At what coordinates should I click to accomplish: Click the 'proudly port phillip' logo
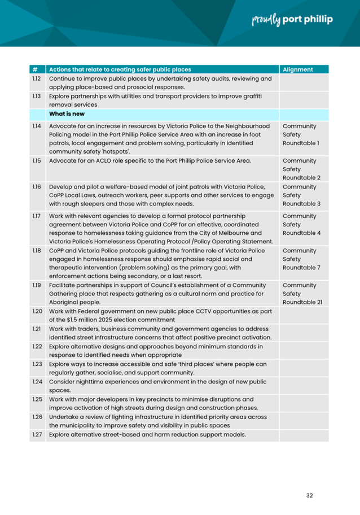(291, 20)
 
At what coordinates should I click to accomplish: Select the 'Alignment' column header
(298, 69)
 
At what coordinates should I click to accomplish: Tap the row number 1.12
(36, 79)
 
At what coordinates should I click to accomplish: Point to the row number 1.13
(36, 97)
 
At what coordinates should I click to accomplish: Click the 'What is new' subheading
(67, 114)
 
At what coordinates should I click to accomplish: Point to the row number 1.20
(37, 311)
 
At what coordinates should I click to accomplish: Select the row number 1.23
(37, 364)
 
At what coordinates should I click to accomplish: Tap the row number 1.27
(37, 435)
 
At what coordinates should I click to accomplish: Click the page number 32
(309, 495)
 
